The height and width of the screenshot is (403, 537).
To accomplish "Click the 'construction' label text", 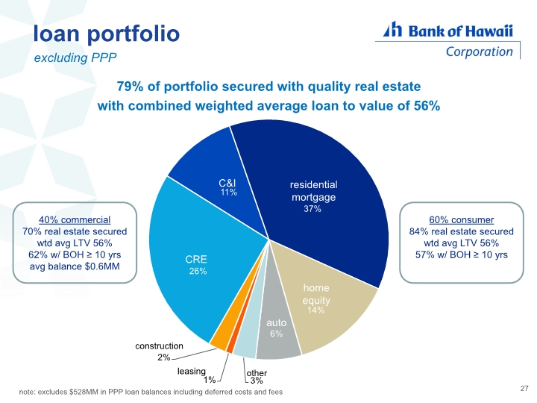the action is pyautogui.click(x=160, y=346).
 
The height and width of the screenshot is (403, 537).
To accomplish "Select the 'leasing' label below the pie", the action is pyautogui.click(x=192, y=371).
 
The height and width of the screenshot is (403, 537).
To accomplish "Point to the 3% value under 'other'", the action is pyautogui.click(x=256, y=381).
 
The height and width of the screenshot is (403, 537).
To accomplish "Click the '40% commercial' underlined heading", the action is pyautogui.click(x=75, y=219).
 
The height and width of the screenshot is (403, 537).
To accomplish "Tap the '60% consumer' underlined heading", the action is pyautogui.click(x=462, y=219).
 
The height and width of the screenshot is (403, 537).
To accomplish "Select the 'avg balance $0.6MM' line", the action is pyautogui.click(x=75, y=266).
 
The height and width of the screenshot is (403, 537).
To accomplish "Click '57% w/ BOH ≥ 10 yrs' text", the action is pyautogui.click(x=462, y=254).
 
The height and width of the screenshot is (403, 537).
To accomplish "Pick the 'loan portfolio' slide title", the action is pyautogui.click(x=107, y=34).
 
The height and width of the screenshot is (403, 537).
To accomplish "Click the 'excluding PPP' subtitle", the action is pyautogui.click(x=75, y=57).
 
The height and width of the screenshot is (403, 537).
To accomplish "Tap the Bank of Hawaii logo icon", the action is pyautogui.click(x=392, y=29).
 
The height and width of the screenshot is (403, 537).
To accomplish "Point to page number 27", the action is pyautogui.click(x=524, y=388).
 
